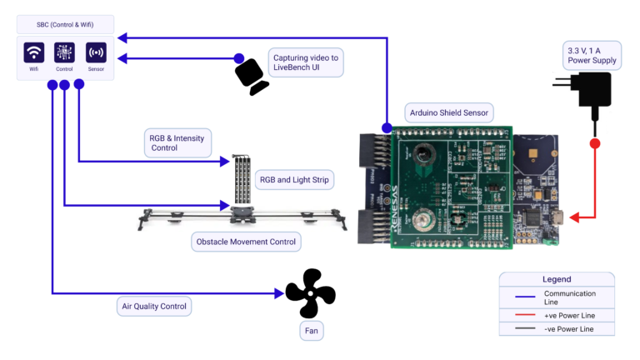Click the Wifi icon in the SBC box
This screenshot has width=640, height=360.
coord(34,52)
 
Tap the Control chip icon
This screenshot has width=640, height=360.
coord(65,52)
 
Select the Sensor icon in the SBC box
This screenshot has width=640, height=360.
coord(96,52)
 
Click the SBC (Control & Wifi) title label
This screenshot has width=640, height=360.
coord(66,25)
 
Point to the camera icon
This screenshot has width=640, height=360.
coord(251,77)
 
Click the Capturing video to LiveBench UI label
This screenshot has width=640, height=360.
coord(306,62)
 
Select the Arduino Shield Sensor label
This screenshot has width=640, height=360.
coord(449,112)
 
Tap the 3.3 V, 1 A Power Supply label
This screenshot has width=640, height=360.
coord(591,56)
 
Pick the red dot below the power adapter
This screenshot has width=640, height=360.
coord(595,143)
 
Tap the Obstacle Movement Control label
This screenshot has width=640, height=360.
coord(245,242)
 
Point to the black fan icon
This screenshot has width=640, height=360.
coord(310,292)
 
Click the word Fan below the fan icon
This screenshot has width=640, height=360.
coord(310,331)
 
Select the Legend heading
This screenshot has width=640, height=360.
coord(557,279)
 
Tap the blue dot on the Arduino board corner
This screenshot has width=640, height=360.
coord(387,127)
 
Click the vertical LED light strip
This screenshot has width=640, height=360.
coord(242,179)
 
